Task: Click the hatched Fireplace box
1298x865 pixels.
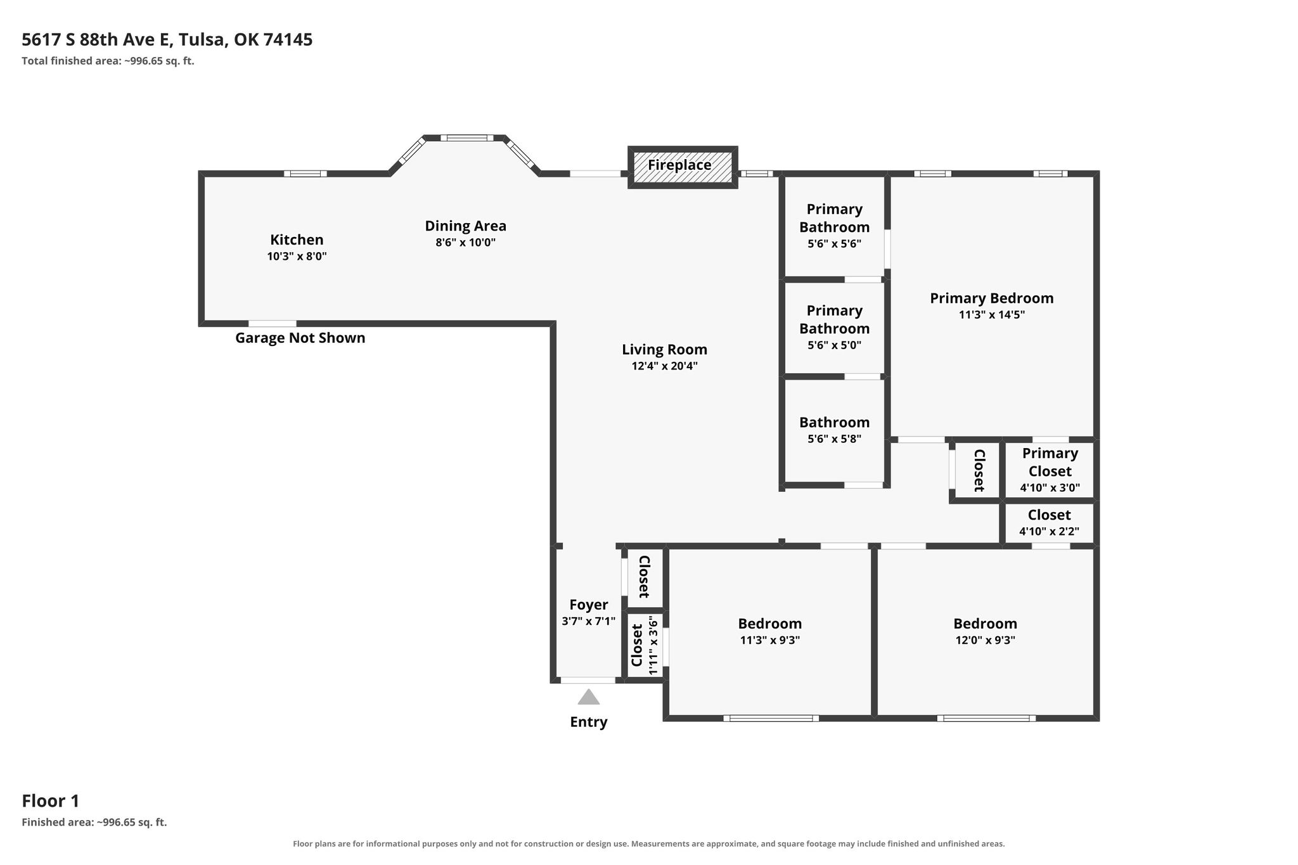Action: (x=683, y=167)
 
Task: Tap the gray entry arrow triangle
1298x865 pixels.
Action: (x=589, y=697)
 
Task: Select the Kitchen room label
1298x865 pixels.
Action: (x=297, y=240)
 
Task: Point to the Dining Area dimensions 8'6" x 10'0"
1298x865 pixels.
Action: (x=465, y=242)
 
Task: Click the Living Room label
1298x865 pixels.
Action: (x=664, y=349)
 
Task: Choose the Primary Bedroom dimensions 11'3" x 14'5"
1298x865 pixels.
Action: (x=992, y=314)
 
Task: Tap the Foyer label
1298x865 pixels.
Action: (x=588, y=605)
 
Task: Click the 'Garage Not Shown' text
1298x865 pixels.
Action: (x=300, y=338)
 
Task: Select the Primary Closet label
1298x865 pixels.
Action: (x=1050, y=462)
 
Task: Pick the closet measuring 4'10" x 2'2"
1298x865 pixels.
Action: (x=1050, y=523)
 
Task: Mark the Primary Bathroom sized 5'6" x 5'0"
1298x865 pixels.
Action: (x=834, y=327)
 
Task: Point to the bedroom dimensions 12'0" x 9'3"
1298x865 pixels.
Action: (x=986, y=640)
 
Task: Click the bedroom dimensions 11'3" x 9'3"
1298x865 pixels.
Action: (x=770, y=640)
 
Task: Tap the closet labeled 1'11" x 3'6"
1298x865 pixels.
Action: (x=645, y=645)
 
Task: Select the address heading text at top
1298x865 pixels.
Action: (x=167, y=40)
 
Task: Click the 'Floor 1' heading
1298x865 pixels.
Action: (x=51, y=801)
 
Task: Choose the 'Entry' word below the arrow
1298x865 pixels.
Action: (x=589, y=722)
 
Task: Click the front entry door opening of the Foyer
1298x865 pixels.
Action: (x=588, y=681)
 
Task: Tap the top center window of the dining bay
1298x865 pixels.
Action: (x=467, y=138)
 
